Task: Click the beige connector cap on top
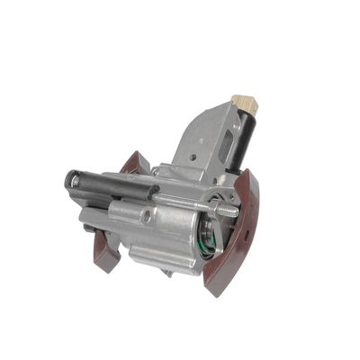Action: pos(244,103)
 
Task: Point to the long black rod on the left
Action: pos(108,182)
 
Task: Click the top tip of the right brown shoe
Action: pos(247,171)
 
